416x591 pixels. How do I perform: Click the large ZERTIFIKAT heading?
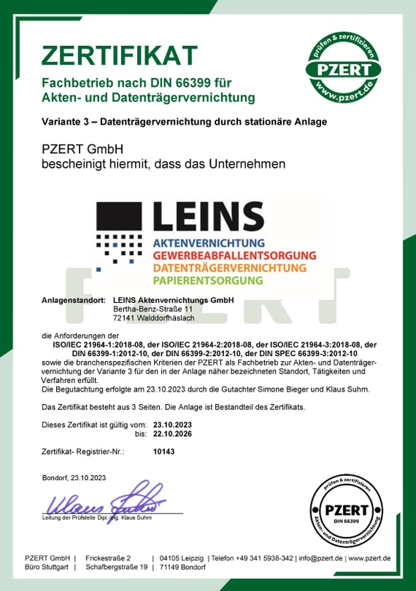click(119, 55)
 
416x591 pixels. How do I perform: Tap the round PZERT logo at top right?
click(347, 68)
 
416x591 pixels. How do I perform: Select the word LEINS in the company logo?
click(208, 216)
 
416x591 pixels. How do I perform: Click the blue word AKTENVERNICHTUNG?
click(208, 242)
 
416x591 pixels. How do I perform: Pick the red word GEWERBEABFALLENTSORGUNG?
click(234, 255)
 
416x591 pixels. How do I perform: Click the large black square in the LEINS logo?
click(122, 217)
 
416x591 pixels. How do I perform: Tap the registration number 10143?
click(163, 452)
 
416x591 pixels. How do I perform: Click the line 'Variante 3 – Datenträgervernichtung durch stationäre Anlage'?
click(184, 121)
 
